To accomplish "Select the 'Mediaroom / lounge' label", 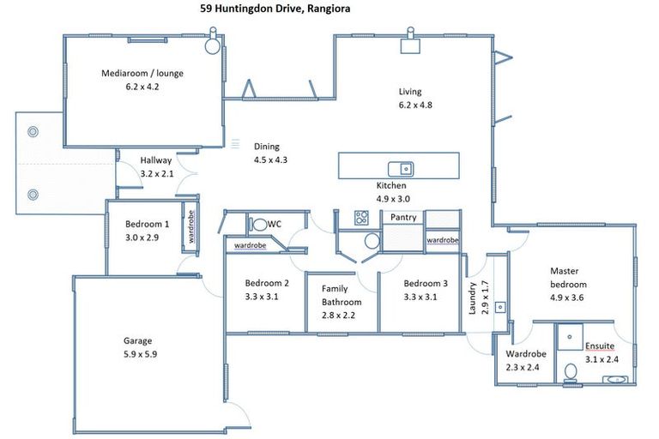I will click(x=142, y=73).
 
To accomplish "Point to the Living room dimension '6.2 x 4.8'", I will click(x=416, y=105).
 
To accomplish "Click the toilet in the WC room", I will click(x=258, y=225).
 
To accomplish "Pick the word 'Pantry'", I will click(x=403, y=218).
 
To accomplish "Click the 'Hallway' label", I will click(x=156, y=160).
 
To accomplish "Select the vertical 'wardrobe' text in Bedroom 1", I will click(x=190, y=228).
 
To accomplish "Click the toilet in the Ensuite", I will click(x=571, y=372).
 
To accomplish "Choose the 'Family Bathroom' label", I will click(x=342, y=296).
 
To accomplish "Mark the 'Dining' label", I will click(x=266, y=147).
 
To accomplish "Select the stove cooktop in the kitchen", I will click(x=362, y=218).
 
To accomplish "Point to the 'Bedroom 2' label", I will click(x=266, y=284).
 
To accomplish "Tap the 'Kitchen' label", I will click(x=391, y=185).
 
